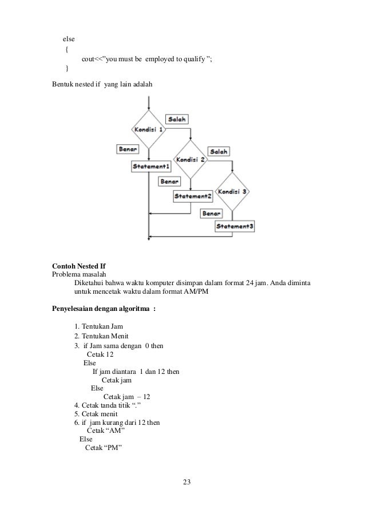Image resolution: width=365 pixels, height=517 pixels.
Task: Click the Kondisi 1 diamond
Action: pyautogui.click(x=149, y=131)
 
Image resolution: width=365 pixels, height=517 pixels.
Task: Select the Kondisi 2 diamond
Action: pyautogui.click(x=191, y=160)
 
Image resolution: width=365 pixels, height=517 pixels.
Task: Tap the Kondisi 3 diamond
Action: pyautogui.click(x=233, y=191)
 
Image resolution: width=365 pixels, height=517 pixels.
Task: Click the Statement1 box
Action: pyautogui.click(x=150, y=167)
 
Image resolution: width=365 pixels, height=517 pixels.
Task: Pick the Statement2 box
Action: pyautogui.click(x=193, y=196)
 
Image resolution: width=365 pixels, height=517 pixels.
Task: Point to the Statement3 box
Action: pyautogui.click(x=235, y=226)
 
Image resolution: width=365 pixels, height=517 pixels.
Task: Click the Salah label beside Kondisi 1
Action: pyautogui.click(x=177, y=119)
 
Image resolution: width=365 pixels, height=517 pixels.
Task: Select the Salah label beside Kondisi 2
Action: pyautogui.click(x=219, y=151)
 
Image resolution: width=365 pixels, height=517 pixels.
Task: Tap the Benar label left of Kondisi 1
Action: pyautogui.click(x=129, y=149)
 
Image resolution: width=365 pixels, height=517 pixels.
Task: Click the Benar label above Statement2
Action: pyautogui.click(x=169, y=181)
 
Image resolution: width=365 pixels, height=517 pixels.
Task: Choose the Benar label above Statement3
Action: pyautogui.click(x=211, y=213)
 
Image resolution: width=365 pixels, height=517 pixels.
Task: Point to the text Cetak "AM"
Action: pyautogui.click(x=106, y=431)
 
